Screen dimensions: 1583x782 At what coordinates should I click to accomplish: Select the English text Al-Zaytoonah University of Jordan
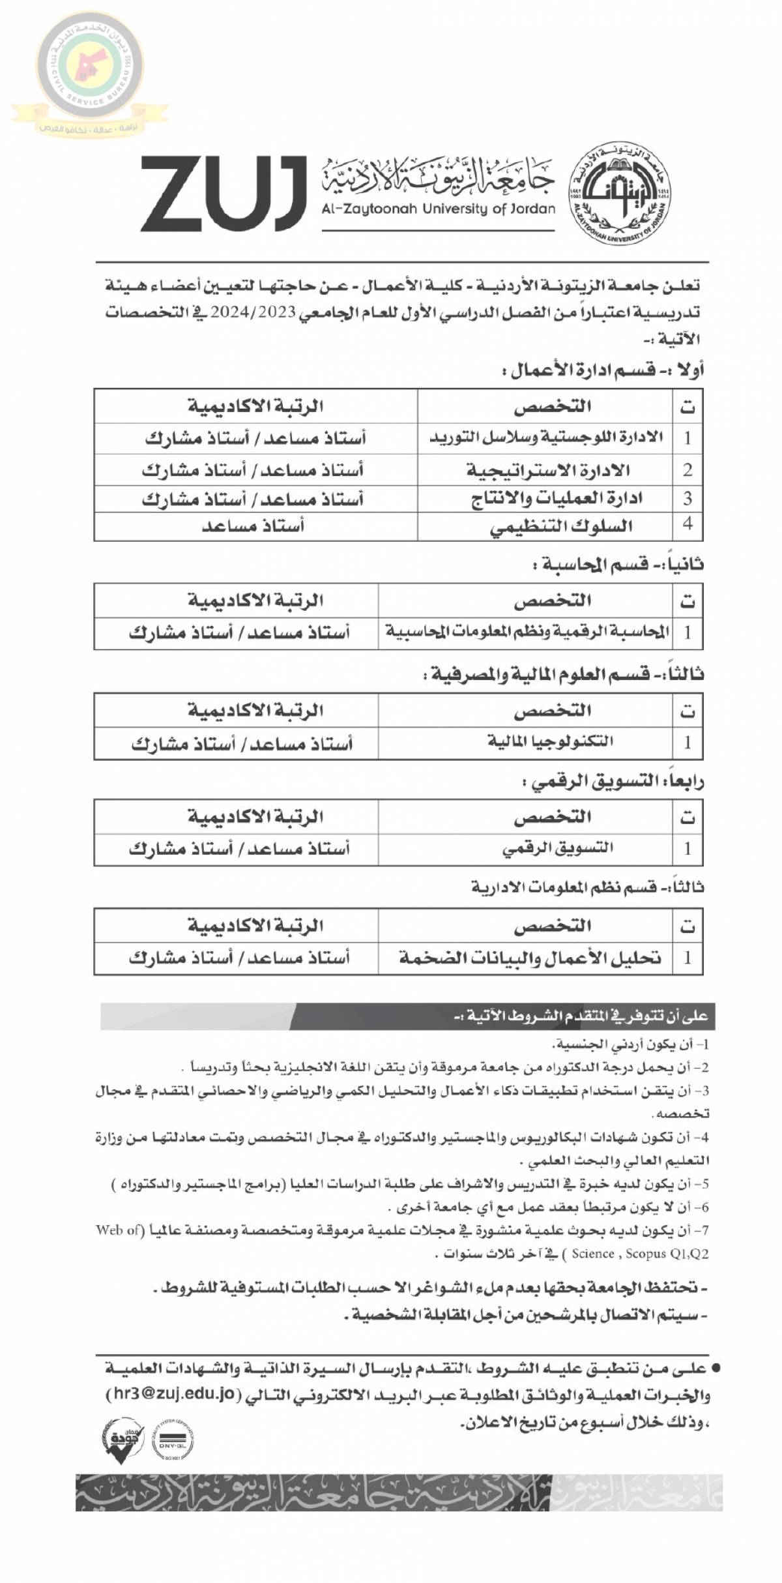(438, 209)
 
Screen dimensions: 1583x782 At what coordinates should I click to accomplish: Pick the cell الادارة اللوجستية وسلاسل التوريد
(545, 438)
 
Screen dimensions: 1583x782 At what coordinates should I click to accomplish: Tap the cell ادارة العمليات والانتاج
(557, 499)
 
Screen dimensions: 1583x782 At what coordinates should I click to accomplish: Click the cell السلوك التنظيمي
(561, 527)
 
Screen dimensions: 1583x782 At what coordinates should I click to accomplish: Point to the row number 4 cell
(688, 525)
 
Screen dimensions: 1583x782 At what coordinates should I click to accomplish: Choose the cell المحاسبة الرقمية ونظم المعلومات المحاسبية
(527, 632)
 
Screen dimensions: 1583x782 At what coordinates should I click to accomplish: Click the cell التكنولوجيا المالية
(550, 742)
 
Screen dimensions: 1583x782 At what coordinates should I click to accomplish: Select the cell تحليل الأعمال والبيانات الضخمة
(530, 958)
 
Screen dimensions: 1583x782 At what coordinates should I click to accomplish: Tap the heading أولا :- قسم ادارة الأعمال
(603, 372)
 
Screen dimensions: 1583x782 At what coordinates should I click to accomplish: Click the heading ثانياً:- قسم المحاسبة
(618, 565)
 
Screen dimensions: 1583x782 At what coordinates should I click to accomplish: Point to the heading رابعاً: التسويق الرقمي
(613, 782)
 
